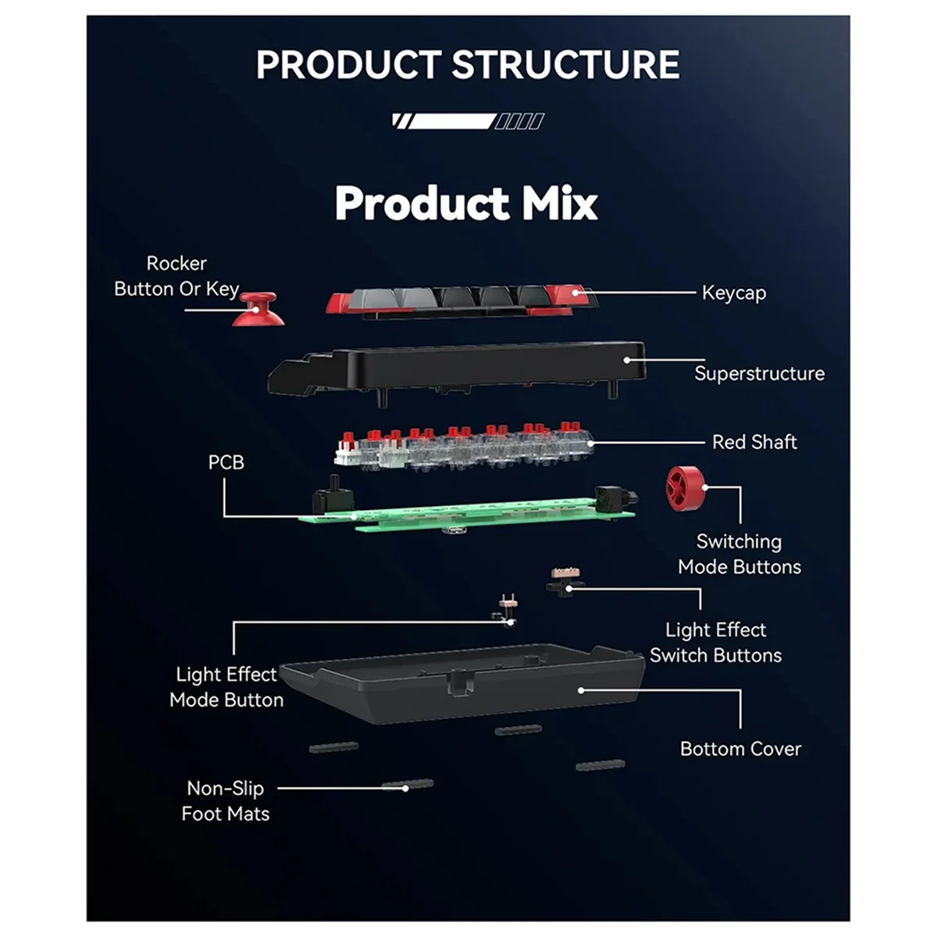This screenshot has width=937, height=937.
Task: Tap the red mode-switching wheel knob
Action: point(686,488)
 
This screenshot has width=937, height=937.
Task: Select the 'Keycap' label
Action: point(733,293)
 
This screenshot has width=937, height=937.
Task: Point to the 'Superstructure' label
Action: point(759,373)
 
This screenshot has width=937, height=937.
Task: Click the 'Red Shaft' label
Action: point(754,442)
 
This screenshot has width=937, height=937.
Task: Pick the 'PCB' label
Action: point(226,462)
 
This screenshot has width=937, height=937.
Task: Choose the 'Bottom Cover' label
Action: point(740,749)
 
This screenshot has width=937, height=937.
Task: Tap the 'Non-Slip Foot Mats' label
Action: point(226,801)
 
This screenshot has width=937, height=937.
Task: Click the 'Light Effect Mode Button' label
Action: point(226,687)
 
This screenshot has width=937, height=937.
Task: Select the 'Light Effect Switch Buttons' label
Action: point(715,643)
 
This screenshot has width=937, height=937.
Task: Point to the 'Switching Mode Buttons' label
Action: point(739,554)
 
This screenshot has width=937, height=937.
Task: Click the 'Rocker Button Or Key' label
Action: point(176,276)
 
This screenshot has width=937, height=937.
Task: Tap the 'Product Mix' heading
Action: point(466,203)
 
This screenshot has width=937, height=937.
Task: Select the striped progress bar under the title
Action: point(468,121)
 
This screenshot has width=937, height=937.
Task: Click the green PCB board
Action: point(484,515)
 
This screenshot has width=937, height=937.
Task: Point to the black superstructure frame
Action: point(468,367)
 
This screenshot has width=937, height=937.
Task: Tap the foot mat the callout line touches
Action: point(408,785)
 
